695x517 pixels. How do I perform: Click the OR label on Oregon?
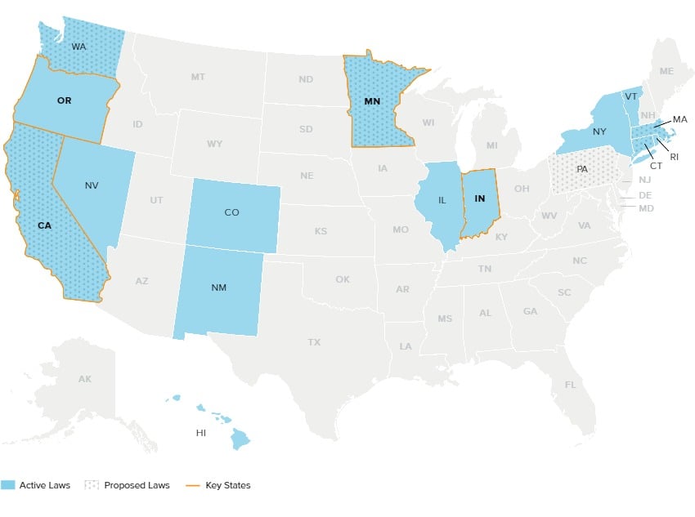[65, 101]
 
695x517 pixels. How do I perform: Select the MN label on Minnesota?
[372, 101]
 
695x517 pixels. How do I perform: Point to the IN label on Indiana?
[479, 198]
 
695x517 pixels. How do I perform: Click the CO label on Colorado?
[231, 212]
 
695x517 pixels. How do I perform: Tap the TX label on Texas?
[314, 342]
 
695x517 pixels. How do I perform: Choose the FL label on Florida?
[570, 384]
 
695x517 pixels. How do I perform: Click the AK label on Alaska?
[85, 379]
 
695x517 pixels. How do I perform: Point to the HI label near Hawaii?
[200, 433]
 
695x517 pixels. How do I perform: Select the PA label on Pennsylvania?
[581, 169]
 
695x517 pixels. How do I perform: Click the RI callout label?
[674, 156]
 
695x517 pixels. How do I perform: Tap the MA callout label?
[680, 119]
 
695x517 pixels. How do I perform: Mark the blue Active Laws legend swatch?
[8, 485]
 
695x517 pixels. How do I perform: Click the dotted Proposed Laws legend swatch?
[92, 485]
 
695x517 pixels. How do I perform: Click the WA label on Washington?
[78, 47]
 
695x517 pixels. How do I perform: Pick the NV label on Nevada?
[92, 185]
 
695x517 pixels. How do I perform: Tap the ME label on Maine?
[666, 71]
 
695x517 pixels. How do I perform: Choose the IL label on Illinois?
[442, 198]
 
